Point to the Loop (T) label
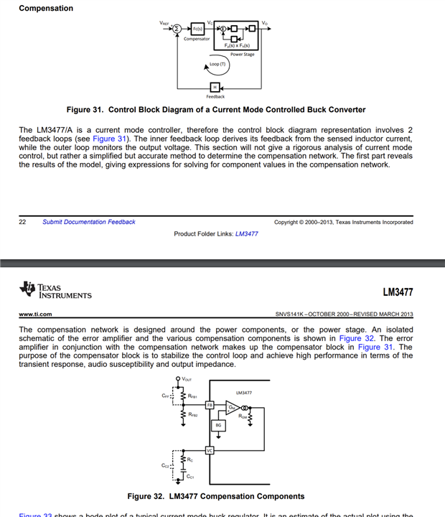pyautogui.click(x=217, y=65)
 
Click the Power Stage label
pyautogui.click(x=242, y=55)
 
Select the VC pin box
pyautogui.click(x=210, y=450)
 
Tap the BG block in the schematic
pyautogui.click(x=219, y=425)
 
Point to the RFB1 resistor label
pyautogui.click(x=192, y=395)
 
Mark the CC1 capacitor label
pyautogui.click(x=190, y=476)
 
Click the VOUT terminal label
pyautogui.click(x=187, y=379)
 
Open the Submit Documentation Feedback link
pyautogui.click(x=88, y=222)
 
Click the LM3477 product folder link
pyautogui.click(x=247, y=234)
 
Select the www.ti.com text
pyautogui.click(x=34, y=314)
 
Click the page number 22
pyautogui.click(x=23, y=222)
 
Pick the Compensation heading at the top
pyautogui.click(x=46, y=9)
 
